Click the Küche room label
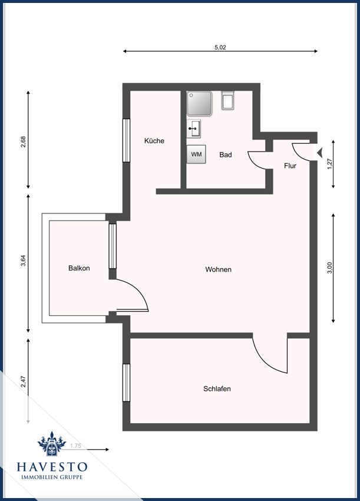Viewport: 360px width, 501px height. tap(154, 141)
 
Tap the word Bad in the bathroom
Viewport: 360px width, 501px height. tap(226, 154)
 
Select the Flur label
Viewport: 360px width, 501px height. tap(290, 166)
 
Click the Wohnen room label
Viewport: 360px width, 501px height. tap(218, 269)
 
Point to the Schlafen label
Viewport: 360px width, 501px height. tap(217, 388)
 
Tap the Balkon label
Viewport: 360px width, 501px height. tap(79, 268)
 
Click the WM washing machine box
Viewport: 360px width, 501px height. tap(196, 154)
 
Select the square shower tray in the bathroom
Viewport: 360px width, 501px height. tap(199, 104)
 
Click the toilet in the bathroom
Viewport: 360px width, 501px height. tap(228, 100)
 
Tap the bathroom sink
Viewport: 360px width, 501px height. tap(194, 128)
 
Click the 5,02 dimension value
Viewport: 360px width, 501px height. tap(220, 47)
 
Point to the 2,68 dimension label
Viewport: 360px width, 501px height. tap(23, 142)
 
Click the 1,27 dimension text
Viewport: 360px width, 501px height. tap(331, 164)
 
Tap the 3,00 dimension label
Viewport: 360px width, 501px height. tap(331, 268)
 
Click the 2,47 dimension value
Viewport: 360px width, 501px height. tap(23, 381)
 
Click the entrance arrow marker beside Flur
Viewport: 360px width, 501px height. tap(320, 153)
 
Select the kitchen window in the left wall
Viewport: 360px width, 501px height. tap(127, 140)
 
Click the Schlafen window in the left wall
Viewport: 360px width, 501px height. tap(127, 383)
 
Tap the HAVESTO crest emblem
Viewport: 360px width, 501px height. tap(52, 443)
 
